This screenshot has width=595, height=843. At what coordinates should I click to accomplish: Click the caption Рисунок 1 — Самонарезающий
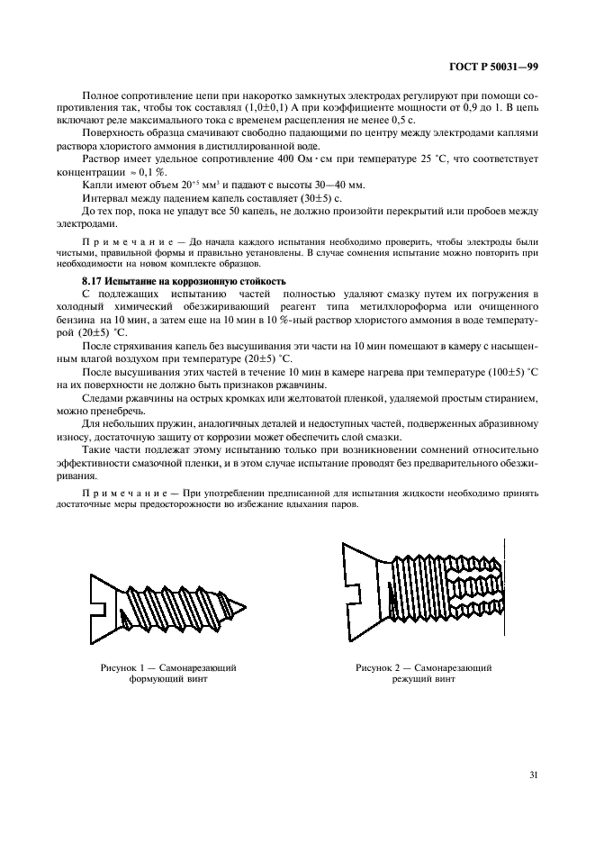point(168,668)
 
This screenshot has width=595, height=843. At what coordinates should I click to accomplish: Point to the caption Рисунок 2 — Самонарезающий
point(423,668)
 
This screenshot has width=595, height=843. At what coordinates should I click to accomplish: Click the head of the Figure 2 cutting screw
point(366,592)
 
